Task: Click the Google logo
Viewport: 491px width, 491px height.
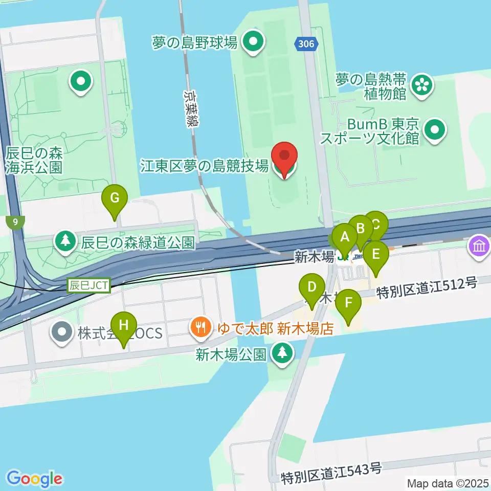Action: click(35, 479)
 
